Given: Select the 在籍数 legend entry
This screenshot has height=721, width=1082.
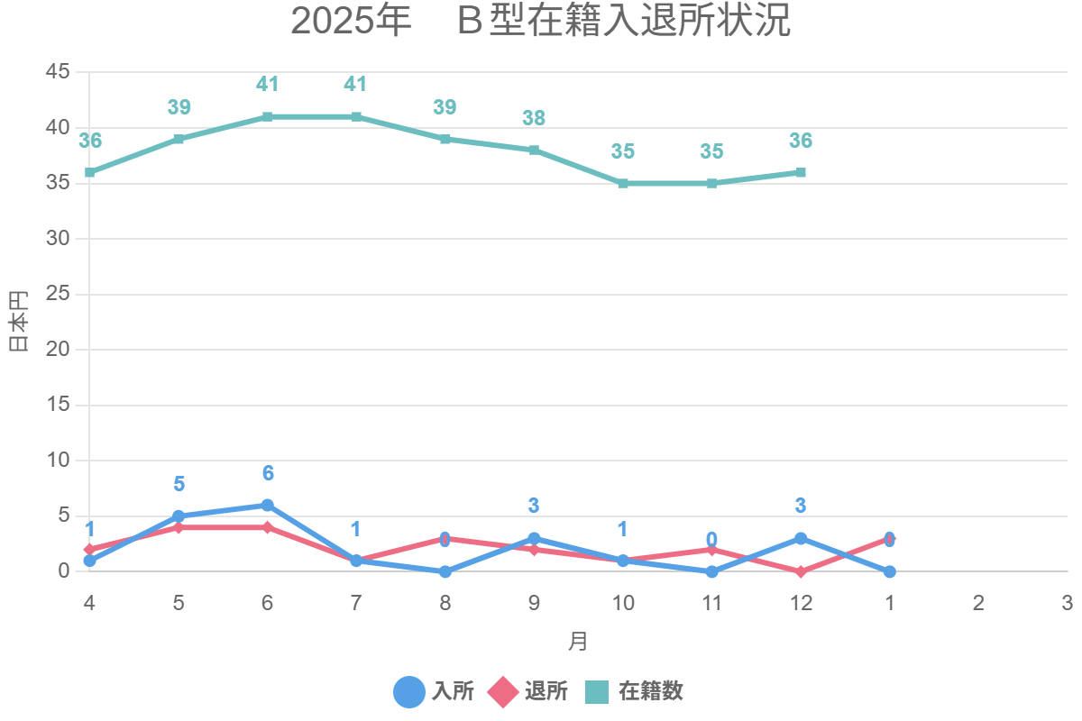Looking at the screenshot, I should point(634,691).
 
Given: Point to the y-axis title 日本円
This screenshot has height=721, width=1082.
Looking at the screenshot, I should point(19,322).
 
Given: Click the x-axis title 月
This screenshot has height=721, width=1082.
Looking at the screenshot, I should point(578,642).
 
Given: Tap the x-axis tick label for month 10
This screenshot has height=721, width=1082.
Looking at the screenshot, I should point(622,603).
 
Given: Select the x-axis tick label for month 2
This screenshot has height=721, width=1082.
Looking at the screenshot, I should point(978,603).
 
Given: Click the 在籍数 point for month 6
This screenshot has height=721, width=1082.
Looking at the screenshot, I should point(267,117).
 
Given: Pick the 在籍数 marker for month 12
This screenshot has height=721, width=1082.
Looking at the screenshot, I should point(801,172).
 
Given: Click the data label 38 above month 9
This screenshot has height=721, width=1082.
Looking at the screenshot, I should point(534,118).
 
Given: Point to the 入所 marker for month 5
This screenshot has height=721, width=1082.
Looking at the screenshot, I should point(179,516).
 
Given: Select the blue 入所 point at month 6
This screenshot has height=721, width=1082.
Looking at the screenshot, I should point(267,506).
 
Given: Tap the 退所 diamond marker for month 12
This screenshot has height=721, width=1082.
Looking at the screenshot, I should point(801,571).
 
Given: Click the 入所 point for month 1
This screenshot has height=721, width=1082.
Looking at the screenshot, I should point(889,571).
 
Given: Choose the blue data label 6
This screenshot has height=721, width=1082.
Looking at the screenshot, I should point(268,474).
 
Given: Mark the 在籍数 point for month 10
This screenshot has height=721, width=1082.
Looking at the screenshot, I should point(623,183).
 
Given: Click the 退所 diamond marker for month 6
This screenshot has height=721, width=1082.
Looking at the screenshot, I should point(267,527).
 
